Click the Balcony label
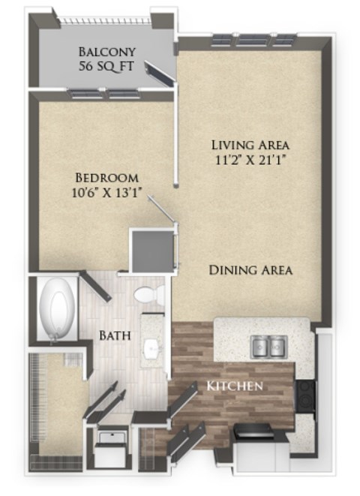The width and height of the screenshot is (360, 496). click(106, 52)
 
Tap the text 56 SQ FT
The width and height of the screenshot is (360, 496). click(106, 66)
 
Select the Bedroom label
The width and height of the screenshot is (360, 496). click(106, 178)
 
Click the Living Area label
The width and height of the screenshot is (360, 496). click(250, 144)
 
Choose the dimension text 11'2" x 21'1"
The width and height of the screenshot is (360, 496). click(250, 159)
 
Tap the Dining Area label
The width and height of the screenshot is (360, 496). click(250, 270)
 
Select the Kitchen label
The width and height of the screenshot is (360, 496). click(234, 386)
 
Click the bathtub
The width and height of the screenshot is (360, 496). click(59, 310)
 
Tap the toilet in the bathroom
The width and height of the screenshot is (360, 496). click(148, 295)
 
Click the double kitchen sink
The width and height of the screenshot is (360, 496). click(268, 347)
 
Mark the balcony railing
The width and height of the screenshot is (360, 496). click(105, 20)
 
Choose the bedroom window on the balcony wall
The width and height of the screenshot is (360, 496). click(104, 95)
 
